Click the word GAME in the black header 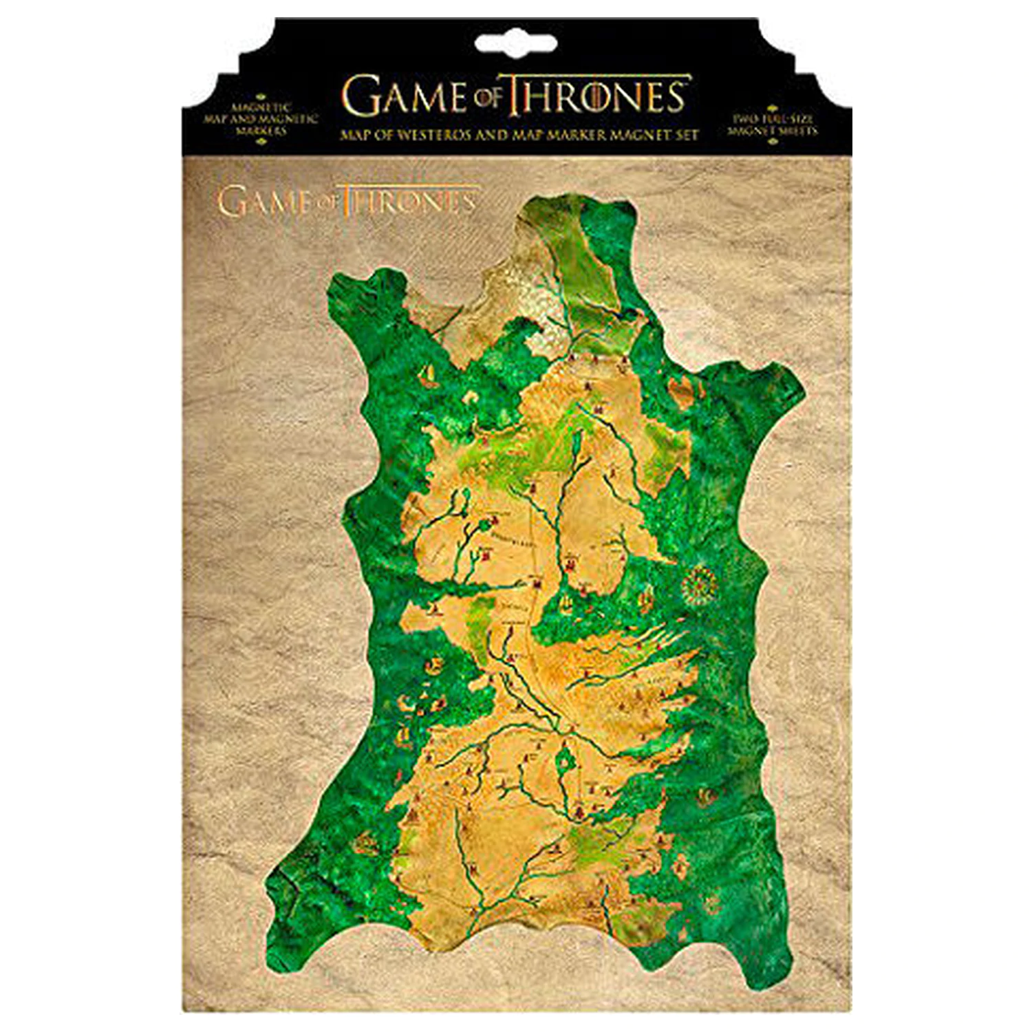(x=405, y=96)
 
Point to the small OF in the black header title (x=487, y=98)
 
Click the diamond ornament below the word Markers (x=260, y=141)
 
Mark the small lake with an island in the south (x=566, y=761)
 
